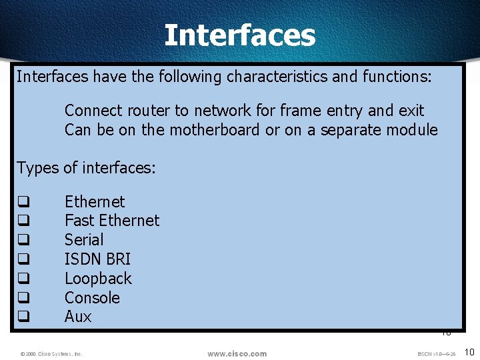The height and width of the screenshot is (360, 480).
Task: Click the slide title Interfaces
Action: coord(239,35)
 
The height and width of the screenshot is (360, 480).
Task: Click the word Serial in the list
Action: coord(84,240)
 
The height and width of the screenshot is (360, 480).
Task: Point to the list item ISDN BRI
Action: coord(97,259)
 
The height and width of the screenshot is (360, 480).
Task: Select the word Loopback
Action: coord(98,278)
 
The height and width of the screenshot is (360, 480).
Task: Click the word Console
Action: coord(92,297)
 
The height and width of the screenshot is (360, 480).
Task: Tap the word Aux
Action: coord(78,317)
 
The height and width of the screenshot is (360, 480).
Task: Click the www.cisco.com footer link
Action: coord(237,353)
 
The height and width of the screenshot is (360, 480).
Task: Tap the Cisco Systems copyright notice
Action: coord(51,354)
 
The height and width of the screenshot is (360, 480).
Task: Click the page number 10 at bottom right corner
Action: coord(469,351)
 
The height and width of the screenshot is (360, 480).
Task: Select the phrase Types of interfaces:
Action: coord(86,168)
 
